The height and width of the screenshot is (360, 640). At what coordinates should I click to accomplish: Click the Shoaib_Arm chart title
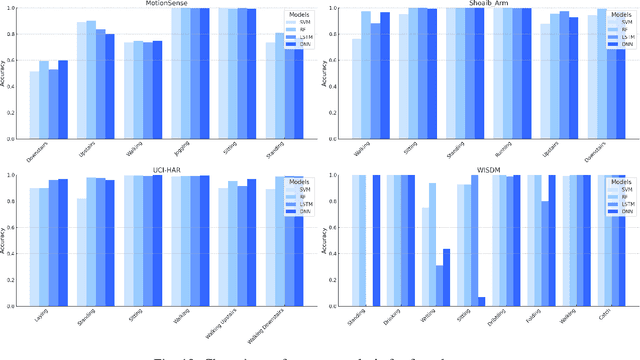point(481,4)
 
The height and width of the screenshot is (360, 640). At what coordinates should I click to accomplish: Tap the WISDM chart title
point(481,171)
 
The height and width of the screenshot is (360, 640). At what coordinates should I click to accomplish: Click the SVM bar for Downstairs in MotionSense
point(35,105)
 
